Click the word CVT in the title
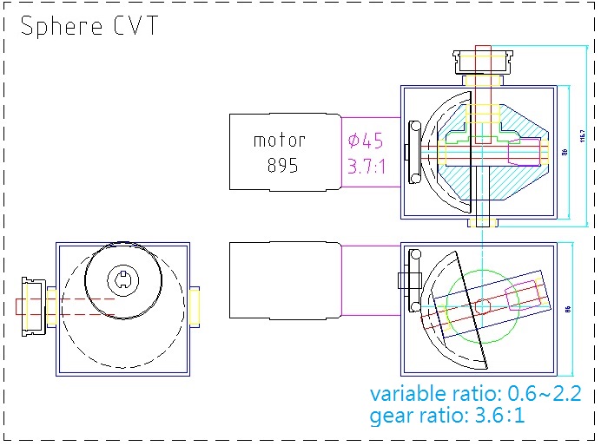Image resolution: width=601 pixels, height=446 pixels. pos(135,26)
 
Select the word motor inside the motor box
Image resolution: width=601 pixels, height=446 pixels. pos(280,140)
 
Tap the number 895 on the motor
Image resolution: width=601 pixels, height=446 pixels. pos(282,165)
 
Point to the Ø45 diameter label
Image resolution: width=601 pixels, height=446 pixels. pos(365,141)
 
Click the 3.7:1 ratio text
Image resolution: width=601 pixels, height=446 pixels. pos(366,166)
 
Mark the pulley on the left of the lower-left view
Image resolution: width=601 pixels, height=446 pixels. pos(34,305)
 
